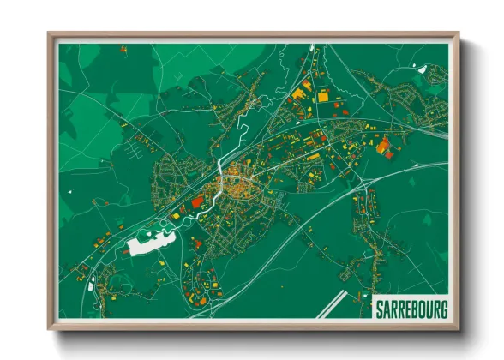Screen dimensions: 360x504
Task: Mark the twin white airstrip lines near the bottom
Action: pyautogui.click(x=330, y=303)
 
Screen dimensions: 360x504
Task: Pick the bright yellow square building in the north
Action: pyautogui.click(x=322, y=97)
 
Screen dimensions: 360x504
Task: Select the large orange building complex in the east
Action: pyautogui.click(x=383, y=146)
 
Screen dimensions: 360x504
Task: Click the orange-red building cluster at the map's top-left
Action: pyautogui.click(x=123, y=50)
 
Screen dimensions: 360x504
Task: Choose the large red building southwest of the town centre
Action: pyautogui.click(x=197, y=201)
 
